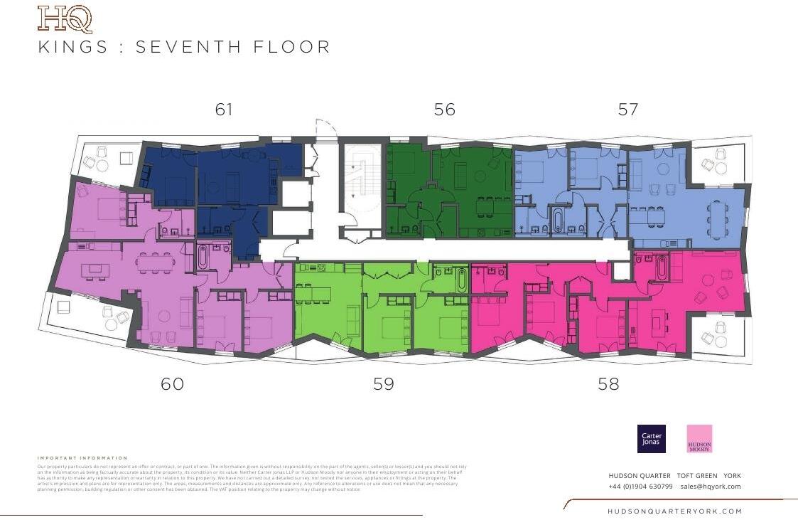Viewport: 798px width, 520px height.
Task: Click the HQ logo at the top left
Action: pyautogui.click(x=65, y=19)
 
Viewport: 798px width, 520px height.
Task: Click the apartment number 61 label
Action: pyautogui.click(x=224, y=110)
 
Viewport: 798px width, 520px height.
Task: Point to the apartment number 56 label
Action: pyautogui.click(x=444, y=110)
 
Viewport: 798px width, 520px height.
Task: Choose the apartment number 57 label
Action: pyautogui.click(x=628, y=110)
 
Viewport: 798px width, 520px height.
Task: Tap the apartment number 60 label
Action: pyautogui.click(x=172, y=384)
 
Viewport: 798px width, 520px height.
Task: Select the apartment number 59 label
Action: pyautogui.click(x=383, y=384)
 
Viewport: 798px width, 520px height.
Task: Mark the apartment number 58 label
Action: pyautogui.click(x=608, y=384)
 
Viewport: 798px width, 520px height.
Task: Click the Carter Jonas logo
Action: pyautogui.click(x=651, y=439)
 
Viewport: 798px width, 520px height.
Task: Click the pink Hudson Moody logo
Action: pyautogui.click(x=699, y=439)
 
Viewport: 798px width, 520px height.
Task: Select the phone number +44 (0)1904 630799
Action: pyautogui.click(x=640, y=487)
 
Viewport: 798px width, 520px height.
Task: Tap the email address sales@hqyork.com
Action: pyautogui.click(x=710, y=487)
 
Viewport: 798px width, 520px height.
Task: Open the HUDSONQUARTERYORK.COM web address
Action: pyautogui.click(x=674, y=511)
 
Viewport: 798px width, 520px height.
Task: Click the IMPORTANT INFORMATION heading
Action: pyautogui.click(x=82, y=458)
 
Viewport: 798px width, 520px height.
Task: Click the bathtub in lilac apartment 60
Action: pyautogui.click(x=203, y=257)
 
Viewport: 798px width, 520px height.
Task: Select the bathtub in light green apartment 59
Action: pyautogui.click(x=462, y=280)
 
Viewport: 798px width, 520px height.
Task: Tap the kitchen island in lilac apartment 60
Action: pyautogui.click(x=95, y=270)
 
